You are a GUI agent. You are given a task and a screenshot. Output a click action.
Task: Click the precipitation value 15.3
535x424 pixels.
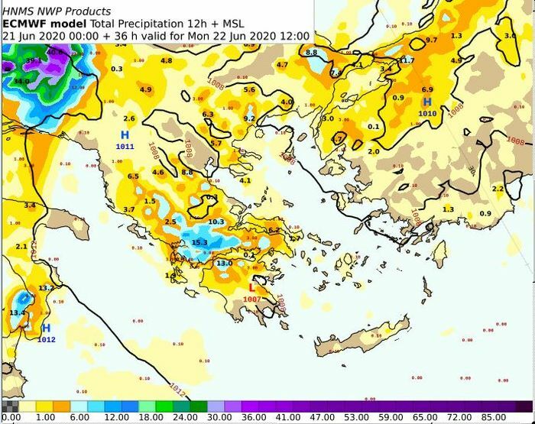click(199, 243)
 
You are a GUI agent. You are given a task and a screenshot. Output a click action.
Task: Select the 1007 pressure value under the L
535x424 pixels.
click(252, 299)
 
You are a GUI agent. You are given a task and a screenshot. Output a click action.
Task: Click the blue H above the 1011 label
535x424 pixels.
click(125, 134)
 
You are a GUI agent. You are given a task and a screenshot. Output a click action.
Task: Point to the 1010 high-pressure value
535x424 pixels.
click(427, 113)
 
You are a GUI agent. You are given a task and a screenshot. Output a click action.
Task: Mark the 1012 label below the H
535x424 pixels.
click(46, 339)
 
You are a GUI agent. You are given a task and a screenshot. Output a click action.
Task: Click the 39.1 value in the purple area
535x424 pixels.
click(33, 60)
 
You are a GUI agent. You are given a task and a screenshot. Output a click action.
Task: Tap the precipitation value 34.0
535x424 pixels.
click(21, 81)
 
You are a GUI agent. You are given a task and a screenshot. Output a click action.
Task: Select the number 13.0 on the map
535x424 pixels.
click(224, 264)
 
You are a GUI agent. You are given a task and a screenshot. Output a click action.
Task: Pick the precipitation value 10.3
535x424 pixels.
click(216, 222)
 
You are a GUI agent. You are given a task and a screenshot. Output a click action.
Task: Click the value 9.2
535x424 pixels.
click(249, 118)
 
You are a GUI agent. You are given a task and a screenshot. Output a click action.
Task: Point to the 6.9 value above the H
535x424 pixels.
click(427, 90)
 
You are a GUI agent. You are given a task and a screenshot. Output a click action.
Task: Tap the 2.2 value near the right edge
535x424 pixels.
click(498, 189)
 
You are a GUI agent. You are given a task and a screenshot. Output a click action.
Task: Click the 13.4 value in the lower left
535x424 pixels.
click(17, 312)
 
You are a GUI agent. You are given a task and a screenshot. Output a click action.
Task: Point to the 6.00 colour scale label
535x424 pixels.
click(80, 418)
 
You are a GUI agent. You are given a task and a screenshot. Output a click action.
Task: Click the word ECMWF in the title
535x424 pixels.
click(24, 24)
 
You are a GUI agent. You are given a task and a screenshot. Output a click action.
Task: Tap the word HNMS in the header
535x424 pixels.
click(18, 11)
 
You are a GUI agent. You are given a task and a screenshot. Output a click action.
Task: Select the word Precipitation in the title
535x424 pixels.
click(135, 24)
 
